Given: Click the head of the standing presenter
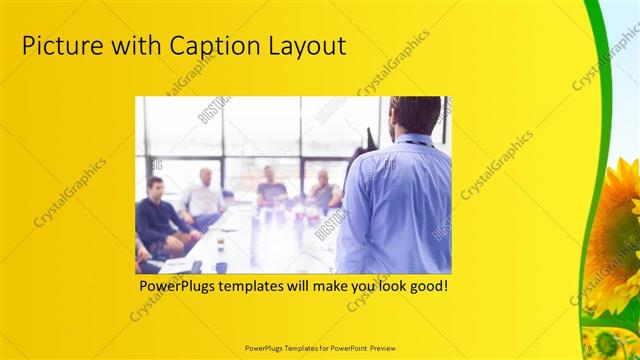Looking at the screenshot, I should [414, 116].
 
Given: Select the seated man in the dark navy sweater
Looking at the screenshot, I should [158, 214].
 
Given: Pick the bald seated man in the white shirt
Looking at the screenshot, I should [205, 195].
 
